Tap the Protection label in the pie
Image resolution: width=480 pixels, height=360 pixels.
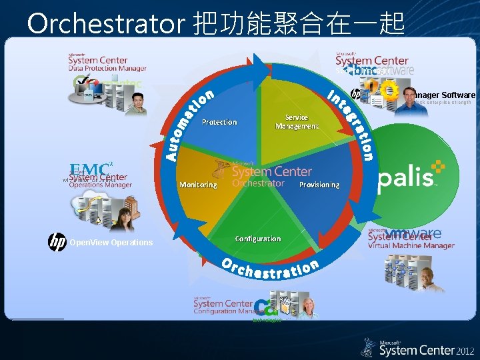pos(219,122)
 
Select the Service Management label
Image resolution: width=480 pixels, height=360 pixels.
pos(297,121)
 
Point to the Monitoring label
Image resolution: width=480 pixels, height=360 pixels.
pos(198,185)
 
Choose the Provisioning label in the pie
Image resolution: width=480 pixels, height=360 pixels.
pos(319,185)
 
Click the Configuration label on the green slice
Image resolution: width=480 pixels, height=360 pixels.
pos(258,239)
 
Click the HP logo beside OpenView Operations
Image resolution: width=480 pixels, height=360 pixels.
pos(57,242)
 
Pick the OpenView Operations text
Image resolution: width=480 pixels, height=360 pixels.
pos(111,243)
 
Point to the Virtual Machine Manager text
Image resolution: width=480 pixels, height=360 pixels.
pos(411,245)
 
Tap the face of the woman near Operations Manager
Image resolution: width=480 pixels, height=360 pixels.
pos(125,215)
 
